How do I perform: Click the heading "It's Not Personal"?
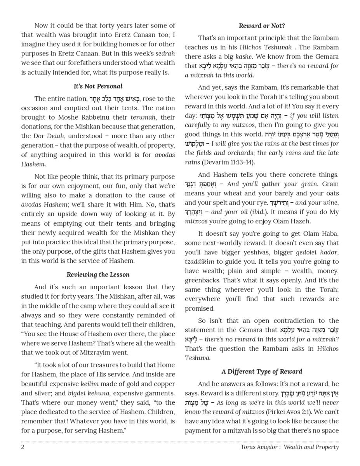[98, 86]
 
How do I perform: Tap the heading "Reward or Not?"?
[262, 26]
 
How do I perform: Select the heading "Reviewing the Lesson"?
[98, 275]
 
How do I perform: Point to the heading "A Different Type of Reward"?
[262, 371]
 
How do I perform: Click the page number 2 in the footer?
[23, 447]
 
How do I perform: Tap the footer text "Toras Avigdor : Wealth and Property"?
[289, 447]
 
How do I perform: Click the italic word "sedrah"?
[165, 54]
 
